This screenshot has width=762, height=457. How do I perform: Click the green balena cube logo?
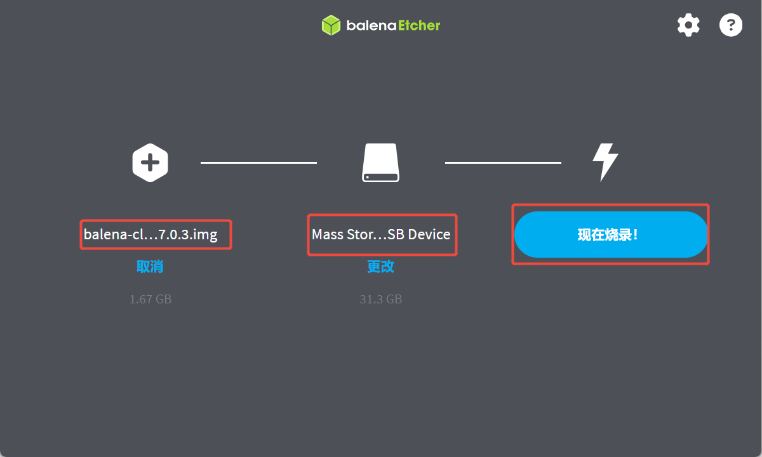[331, 25]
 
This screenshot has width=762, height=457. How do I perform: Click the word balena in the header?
[371, 26]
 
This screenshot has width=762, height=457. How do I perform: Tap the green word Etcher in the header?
[419, 25]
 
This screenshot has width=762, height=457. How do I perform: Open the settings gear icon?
[688, 25]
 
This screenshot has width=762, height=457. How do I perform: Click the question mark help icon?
[730, 25]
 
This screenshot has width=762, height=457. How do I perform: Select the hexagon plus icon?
[150, 163]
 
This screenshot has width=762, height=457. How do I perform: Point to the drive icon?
[381, 163]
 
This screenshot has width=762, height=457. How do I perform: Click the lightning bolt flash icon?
[605, 162]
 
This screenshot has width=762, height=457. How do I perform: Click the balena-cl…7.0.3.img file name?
[150, 235]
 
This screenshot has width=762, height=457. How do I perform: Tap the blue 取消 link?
[150, 267]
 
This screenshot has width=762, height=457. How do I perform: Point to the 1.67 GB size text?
[150, 299]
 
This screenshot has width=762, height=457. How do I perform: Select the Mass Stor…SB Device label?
[381, 235]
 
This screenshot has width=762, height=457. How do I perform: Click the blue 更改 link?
[380, 267]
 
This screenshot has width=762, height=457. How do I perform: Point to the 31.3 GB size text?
[380, 299]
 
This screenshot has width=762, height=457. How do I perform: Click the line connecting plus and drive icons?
[258, 162]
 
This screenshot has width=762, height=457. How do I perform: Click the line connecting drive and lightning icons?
[503, 162]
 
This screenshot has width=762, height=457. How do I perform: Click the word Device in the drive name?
[429, 235]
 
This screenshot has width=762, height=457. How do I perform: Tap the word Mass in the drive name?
[328, 235]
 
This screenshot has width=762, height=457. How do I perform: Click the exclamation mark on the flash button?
[635, 235]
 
